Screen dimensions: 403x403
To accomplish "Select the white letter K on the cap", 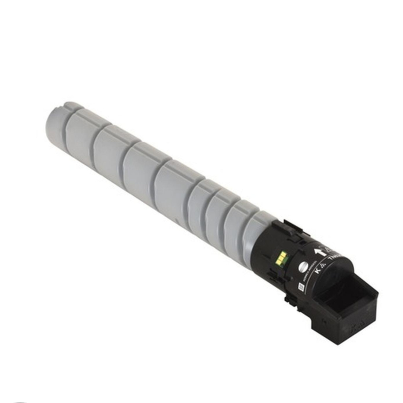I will tap(317, 271).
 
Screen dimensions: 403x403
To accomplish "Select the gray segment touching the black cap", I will tap(256, 235).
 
